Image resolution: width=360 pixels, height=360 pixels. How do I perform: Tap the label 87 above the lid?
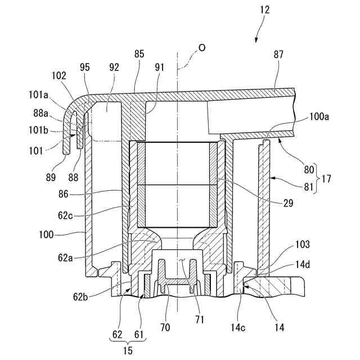(279, 55)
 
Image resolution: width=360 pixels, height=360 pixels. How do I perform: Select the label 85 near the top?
(139, 54)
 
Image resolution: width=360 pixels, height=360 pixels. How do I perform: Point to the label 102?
(59, 75)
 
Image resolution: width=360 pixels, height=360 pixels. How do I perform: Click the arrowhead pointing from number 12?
(256, 41)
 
